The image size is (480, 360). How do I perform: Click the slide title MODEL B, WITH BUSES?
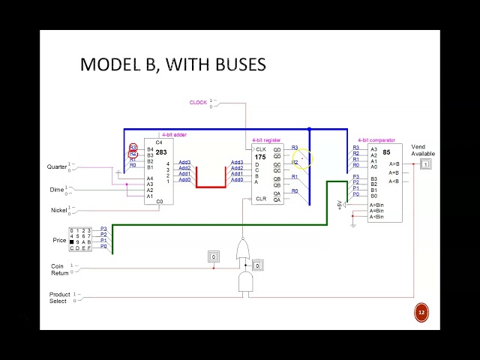point(172,64)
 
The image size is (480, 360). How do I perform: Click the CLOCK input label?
point(198,103)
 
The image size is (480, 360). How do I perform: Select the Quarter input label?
point(56,166)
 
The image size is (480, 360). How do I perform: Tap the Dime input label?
point(57,190)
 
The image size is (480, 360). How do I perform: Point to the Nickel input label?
point(58,210)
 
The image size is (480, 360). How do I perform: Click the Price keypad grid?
point(80,239)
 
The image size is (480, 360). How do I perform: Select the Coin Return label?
point(59,269)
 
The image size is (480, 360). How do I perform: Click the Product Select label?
point(59,298)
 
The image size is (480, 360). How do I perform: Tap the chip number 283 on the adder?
point(161,152)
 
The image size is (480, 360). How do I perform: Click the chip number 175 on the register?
point(259,157)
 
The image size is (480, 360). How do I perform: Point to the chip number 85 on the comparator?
point(386,152)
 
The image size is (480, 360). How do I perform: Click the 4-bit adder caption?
point(175,135)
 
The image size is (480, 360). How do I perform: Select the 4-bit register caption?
point(266,140)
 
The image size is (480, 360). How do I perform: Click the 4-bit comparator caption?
point(376,140)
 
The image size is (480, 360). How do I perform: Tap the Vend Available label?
point(422,150)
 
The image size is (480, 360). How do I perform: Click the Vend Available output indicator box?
point(425,164)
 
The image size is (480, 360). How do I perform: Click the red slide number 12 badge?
point(421,313)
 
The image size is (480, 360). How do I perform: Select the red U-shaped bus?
point(211,184)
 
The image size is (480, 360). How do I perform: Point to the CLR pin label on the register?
point(260,199)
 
